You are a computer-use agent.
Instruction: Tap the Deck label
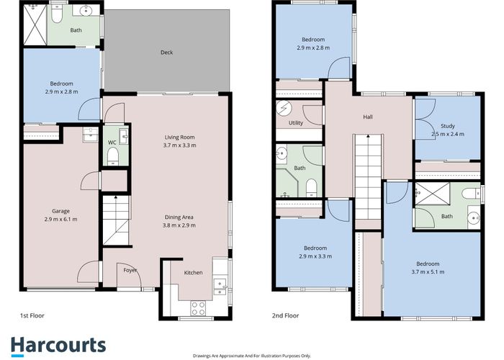[167, 52]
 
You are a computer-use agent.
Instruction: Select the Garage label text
[60, 215]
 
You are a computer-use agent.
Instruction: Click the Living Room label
[180, 141]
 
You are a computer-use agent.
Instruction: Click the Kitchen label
[193, 272]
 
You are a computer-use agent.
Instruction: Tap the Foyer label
[130, 270]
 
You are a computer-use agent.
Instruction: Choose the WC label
[112, 143]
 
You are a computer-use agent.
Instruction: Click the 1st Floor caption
[34, 315]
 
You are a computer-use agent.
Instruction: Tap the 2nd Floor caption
[286, 315]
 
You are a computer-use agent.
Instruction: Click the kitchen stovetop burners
[197, 307]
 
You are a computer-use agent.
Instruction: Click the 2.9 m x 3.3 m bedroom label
[314, 251]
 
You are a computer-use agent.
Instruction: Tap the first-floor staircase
[114, 220]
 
